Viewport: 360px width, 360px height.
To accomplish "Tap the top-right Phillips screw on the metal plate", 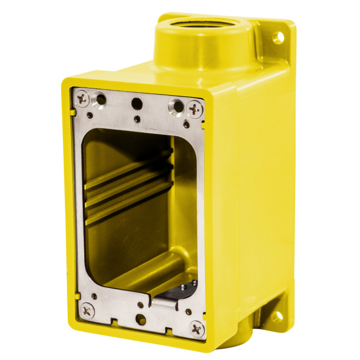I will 194,109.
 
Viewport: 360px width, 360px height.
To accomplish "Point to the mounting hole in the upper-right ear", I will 278,37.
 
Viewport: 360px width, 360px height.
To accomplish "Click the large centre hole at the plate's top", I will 137,103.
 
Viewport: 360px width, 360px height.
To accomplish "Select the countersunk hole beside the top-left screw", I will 101,99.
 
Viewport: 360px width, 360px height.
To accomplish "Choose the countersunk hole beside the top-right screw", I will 177,106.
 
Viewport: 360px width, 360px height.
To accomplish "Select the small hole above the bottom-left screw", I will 94,296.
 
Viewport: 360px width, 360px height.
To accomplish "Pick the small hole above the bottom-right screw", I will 188,311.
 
